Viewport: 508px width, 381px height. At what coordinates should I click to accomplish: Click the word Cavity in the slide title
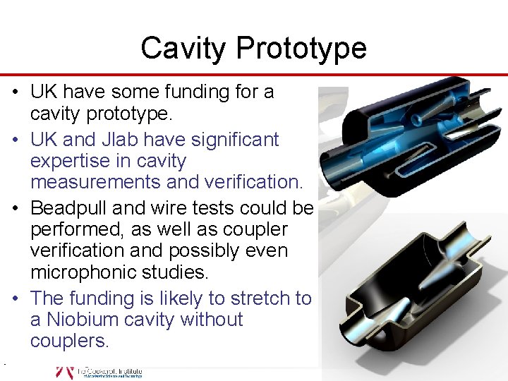(x=185, y=49)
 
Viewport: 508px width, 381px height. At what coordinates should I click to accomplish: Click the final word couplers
(x=68, y=341)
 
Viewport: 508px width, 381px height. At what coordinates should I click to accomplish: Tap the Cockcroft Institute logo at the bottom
(x=99, y=372)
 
